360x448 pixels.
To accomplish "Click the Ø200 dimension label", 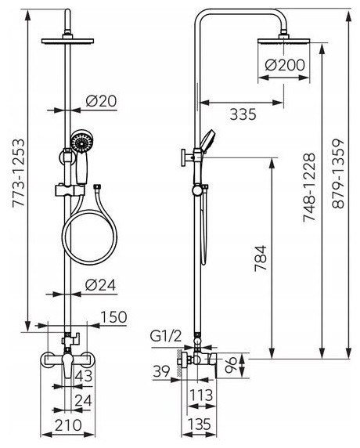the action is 285,65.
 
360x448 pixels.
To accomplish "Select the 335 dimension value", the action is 243,115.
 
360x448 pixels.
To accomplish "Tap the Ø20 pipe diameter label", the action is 101,101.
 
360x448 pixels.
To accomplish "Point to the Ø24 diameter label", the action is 100,285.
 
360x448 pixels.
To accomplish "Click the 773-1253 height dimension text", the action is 18,173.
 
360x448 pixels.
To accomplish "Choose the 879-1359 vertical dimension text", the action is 339,173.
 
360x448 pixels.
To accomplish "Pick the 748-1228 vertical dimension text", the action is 309,187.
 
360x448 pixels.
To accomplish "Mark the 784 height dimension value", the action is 261,258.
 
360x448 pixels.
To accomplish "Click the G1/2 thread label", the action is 166,337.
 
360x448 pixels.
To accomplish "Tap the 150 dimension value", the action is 113,317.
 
